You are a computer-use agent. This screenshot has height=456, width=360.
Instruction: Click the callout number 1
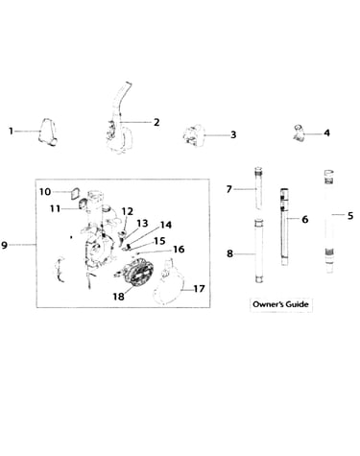(x=11, y=132)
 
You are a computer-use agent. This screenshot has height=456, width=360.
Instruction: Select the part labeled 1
(x=48, y=132)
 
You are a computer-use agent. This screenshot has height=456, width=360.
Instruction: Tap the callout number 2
(x=156, y=122)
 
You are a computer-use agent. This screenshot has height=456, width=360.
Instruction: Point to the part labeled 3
(x=195, y=136)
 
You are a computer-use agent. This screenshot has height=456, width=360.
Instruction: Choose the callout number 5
(x=350, y=216)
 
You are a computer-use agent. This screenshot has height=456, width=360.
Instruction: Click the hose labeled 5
(x=329, y=222)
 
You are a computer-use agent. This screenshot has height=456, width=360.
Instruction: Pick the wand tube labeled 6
(x=284, y=227)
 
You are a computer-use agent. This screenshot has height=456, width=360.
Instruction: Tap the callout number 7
(x=228, y=189)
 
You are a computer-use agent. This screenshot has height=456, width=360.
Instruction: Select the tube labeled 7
(x=258, y=188)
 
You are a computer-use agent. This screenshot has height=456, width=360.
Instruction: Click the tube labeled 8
(x=259, y=251)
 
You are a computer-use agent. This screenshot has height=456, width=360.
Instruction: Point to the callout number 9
(x=4, y=245)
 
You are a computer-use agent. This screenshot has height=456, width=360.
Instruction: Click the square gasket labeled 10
(x=76, y=194)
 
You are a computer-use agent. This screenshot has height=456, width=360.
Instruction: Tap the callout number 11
(x=55, y=209)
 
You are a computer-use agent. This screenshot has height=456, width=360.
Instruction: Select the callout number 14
(x=166, y=225)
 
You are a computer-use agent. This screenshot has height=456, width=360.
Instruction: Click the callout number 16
(x=179, y=249)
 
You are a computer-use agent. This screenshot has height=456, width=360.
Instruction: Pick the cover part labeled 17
(x=170, y=285)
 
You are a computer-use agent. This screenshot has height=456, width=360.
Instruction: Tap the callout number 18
(x=118, y=297)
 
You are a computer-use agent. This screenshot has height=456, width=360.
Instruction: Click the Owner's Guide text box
(x=281, y=304)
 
